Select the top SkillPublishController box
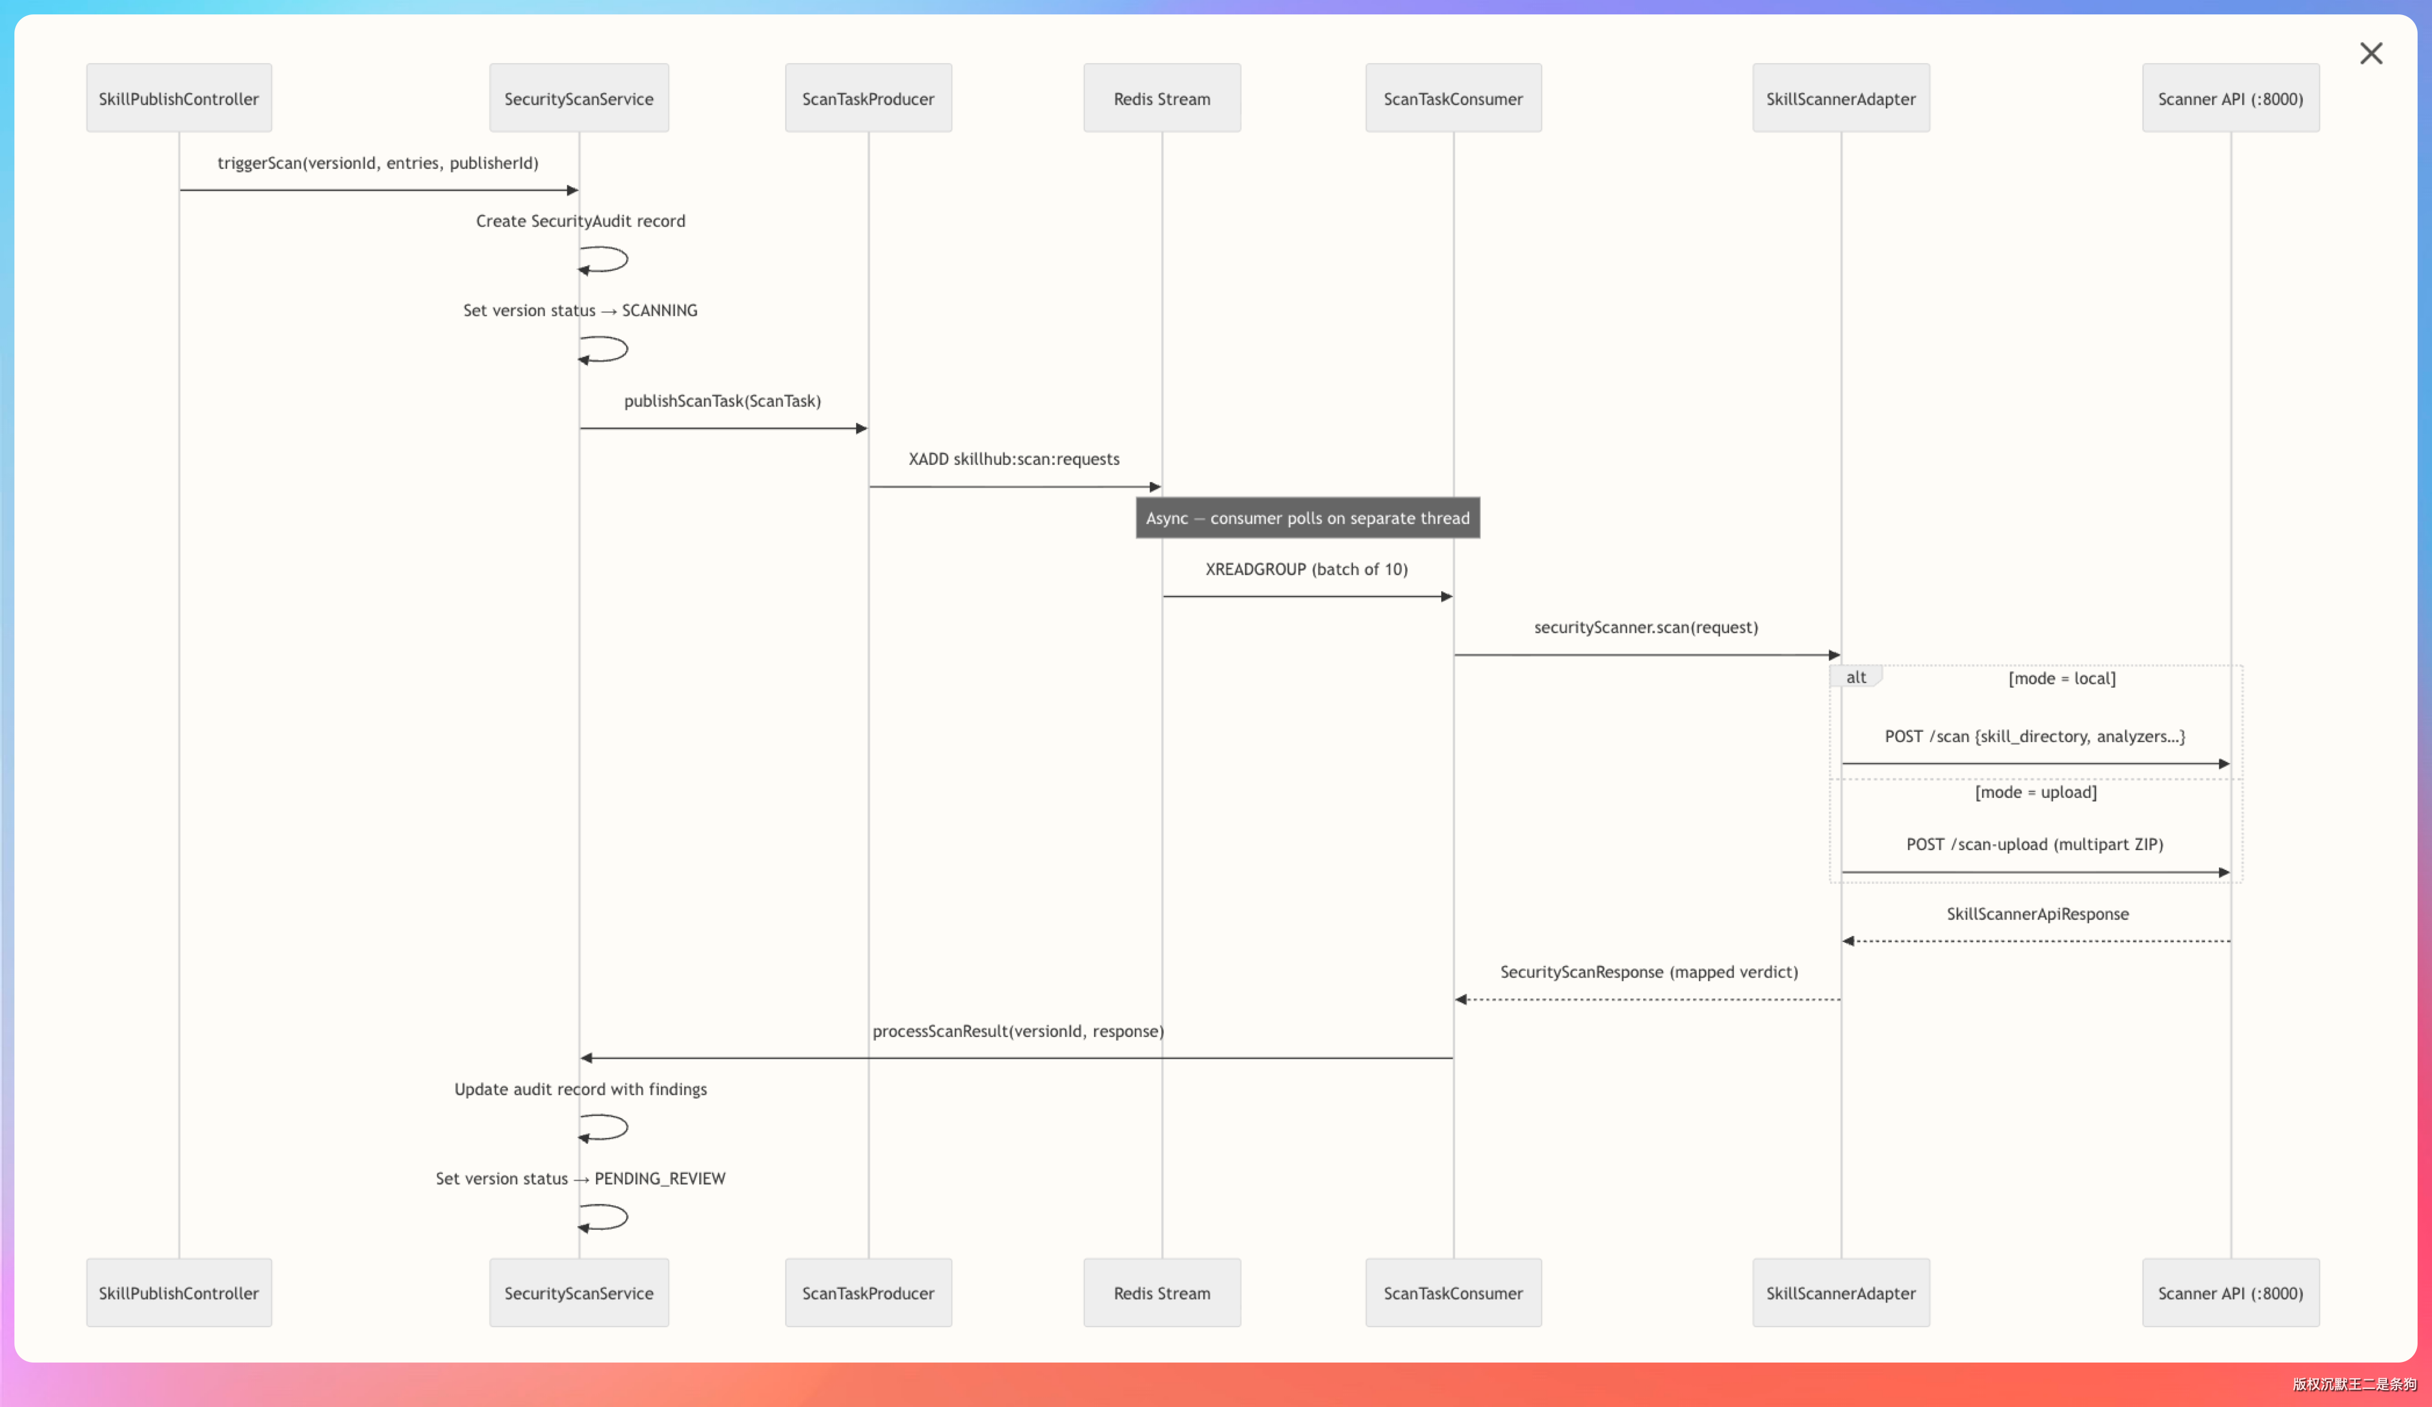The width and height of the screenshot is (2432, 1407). (x=178, y=99)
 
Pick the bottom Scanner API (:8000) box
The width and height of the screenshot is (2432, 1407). (x=2230, y=1292)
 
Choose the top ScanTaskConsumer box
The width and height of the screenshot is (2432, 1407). (x=1453, y=99)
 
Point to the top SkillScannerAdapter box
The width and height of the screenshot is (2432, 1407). (x=1840, y=99)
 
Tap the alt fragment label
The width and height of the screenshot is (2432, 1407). (x=1855, y=678)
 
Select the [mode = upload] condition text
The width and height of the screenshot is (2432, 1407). (x=2035, y=792)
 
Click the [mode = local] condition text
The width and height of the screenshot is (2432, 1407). (x=2061, y=678)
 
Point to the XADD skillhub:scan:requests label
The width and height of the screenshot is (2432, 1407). (x=1014, y=460)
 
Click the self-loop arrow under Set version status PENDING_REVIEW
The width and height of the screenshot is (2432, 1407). (x=605, y=1217)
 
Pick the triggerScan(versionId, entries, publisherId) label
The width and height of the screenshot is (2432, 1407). (x=377, y=163)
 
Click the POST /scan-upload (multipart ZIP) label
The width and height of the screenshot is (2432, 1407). (x=2034, y=845)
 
